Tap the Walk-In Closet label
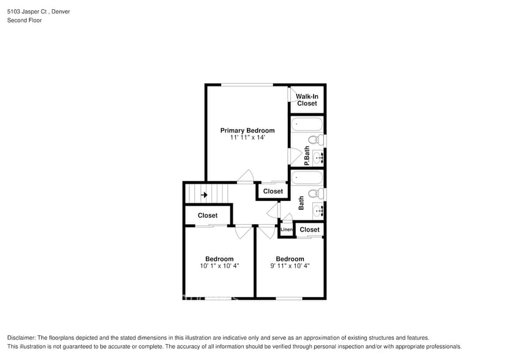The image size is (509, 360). coord(307,100)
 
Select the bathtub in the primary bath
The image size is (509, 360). coord(307,124)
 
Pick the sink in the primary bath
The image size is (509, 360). coord(319,157)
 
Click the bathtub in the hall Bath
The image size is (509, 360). coord(307,178)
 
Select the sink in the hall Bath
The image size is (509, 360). coord(319,211)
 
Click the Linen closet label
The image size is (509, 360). coord(286,230)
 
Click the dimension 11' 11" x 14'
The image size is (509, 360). coord(247,138)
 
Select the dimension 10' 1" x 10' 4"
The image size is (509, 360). coord(219,266)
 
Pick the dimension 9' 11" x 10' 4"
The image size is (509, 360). coord(290,266)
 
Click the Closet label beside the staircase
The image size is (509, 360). coord(208,216)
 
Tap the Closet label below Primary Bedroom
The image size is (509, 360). coord(273,191)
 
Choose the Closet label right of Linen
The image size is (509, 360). coord(309,230)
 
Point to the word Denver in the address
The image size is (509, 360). coord(59,11)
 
